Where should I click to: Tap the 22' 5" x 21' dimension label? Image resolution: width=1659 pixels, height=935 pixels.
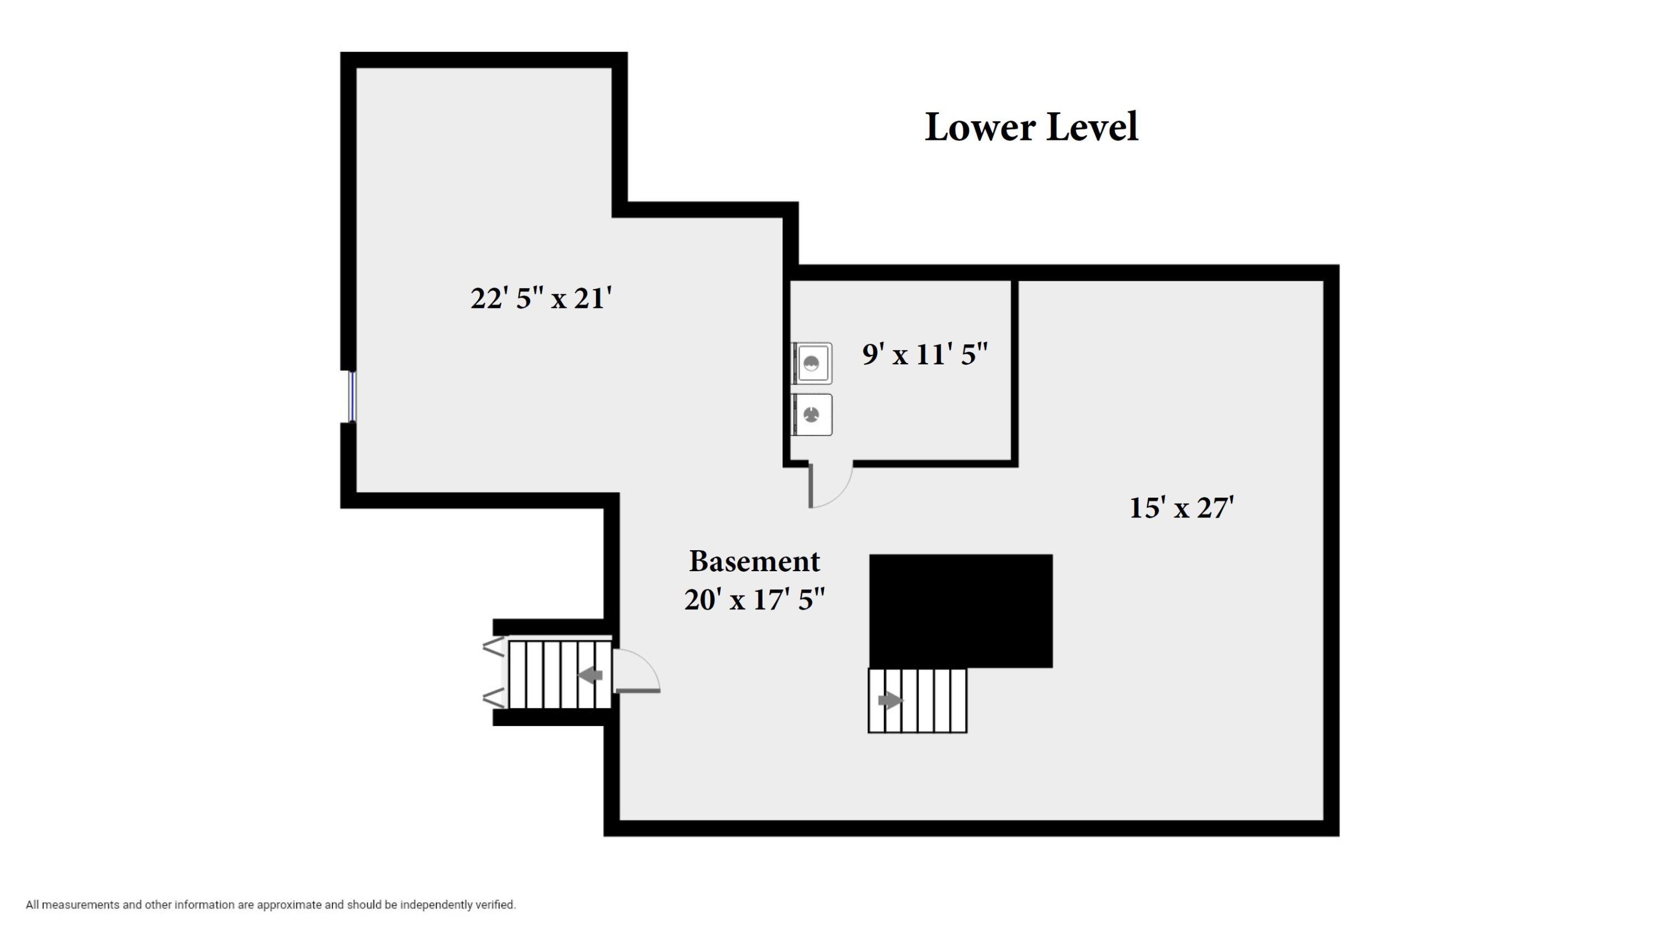pyautogui.click(x=540, y=299)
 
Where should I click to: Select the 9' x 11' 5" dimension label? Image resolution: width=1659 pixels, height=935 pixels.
pyautogui.click(x=924, y=355)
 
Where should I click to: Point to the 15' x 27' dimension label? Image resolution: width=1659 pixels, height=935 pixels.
pyautogui.click(x=1181, y=508)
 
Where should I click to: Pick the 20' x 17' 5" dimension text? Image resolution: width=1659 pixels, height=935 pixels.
pyautogui.click(x=754, y=600)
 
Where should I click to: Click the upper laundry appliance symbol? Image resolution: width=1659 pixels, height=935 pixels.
pyautogui.click(x=812, y=364)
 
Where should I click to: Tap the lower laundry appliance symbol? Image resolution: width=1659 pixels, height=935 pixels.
pyautogui.click(x=812, y=415)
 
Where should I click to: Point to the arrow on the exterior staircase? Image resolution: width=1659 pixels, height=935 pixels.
pyautogui.click(x=591, y=676)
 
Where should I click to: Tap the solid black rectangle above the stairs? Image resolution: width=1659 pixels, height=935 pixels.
pyautogui.click(x=960, y=610)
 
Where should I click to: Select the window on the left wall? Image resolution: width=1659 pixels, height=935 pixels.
pyautogui.click(x=352, y=396)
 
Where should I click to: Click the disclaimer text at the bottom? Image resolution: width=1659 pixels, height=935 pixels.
pyautogui.click(x=270, y=905)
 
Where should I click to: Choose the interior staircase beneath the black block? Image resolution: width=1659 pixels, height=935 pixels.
pyautogui.click(x=917, y=701)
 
